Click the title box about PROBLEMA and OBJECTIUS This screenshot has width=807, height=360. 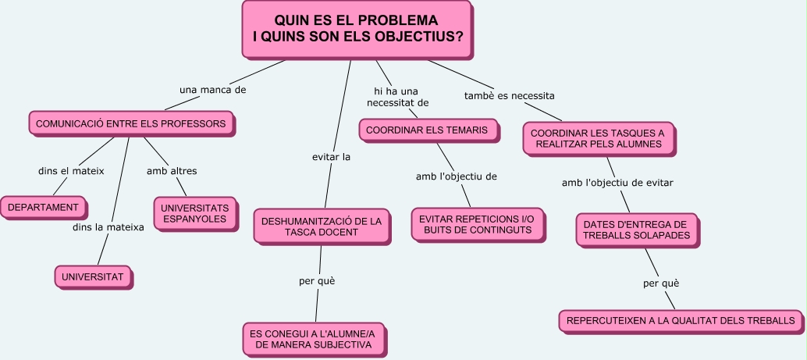coord(357,29)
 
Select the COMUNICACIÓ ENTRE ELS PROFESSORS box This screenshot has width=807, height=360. coord(131,123)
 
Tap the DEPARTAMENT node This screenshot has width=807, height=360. coord(43,207)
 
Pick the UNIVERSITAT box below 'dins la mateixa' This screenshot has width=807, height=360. coord(92,276)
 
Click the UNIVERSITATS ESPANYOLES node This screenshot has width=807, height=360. coord(194,213)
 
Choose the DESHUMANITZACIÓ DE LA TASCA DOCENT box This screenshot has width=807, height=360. coord(321,226)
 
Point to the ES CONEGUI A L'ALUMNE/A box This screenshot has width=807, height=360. coord(315,339)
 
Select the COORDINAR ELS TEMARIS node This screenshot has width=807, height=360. coord(427,130)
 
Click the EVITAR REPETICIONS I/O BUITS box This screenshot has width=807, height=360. coord(476,224)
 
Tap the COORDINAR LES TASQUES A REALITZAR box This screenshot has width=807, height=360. coord(597,139)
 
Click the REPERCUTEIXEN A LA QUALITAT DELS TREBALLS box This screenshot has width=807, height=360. coord(681,320)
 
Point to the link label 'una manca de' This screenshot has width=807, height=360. coord(212,90)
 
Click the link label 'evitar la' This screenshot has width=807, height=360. coord(331,157)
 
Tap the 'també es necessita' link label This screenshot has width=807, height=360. coord(509,96)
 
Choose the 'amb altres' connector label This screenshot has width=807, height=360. coord(172,170)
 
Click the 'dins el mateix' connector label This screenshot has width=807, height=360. coord(71,170)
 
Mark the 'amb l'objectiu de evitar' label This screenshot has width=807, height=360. coord(617,183)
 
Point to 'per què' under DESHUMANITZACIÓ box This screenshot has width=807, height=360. coord(317,280)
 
